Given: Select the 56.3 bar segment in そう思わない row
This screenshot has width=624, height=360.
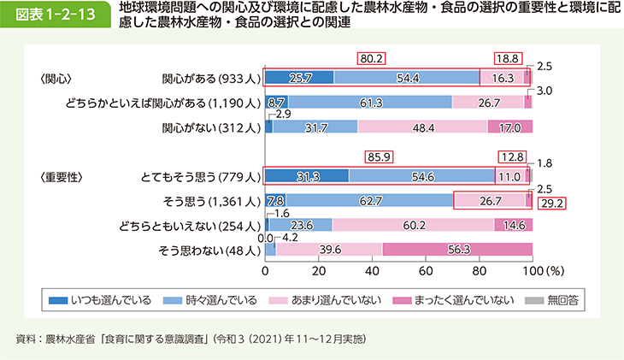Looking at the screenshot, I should [457, 250].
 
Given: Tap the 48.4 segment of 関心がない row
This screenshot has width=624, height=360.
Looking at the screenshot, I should [422, 127].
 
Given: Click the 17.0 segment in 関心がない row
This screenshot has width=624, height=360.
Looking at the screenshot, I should [509, 127].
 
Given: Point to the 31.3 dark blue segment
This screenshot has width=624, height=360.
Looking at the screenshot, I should [307, 176].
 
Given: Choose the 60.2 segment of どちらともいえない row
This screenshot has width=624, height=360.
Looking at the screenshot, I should [413, 225].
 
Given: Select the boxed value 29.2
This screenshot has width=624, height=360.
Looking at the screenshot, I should [553, 204].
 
